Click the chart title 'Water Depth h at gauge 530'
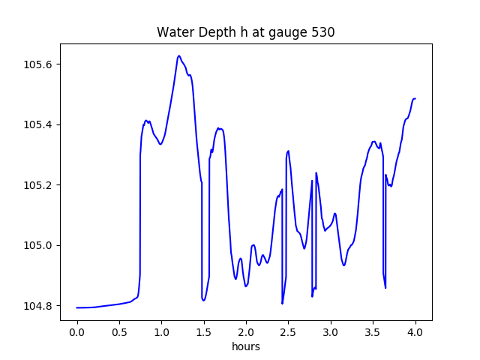[245, 32]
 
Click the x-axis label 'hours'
[245, 348]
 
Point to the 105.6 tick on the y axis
[38, 64]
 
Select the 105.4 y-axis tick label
[38, 124]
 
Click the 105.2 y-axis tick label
[38, 185]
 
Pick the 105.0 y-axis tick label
[38, 246]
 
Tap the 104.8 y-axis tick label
[38, 306]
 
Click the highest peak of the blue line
[178, 55]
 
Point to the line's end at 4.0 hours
[415, 98]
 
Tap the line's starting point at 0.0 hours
[77, 307]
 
